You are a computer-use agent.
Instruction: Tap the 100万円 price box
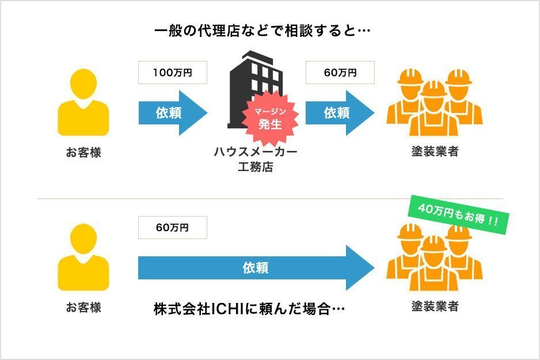[x=172, y=73]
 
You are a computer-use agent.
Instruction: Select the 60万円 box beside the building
[x=340, y=73]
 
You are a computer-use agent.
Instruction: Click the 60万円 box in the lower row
[x=172, y=228]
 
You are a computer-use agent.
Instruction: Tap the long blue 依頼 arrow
[x=253, y=268]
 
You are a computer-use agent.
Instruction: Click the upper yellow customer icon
[x=83, y=104]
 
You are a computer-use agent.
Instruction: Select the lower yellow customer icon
[x=83, y=257]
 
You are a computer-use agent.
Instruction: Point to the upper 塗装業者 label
[x=435, y=153]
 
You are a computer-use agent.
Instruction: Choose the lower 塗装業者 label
[x=435, y=306]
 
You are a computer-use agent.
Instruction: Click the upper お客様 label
[x=83, y=153]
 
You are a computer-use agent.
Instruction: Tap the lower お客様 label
[x=83, y=307]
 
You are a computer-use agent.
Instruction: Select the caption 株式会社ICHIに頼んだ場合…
[x=249, y=309]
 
